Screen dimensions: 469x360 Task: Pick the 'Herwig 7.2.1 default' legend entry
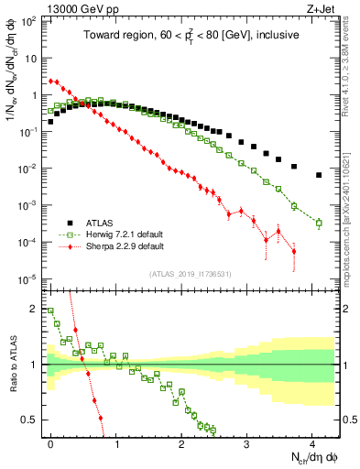(x=118, y=234)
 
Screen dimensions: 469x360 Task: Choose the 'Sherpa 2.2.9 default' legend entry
(x=118, y=246)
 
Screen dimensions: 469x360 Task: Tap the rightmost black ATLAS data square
(x=319, y=175)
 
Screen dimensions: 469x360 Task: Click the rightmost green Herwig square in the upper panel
(x=319, y=223)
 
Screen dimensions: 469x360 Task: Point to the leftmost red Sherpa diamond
(x=50, y=81)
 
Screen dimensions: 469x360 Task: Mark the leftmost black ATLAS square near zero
(x=50, y=121)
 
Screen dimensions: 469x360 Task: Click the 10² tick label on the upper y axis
(x=29, y=20)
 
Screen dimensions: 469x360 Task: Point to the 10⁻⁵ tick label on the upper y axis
(x=29, y=279)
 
